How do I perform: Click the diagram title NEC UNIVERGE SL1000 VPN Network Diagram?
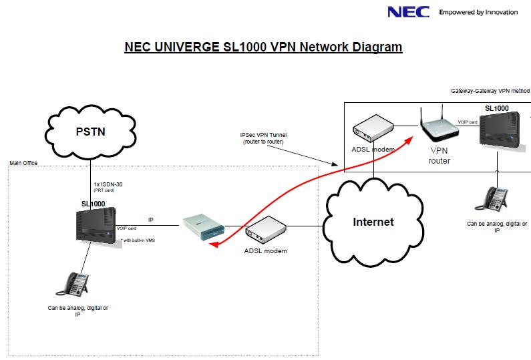[264, 47]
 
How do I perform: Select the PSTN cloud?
[90, 131]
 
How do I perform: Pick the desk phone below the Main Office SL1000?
[70, 285]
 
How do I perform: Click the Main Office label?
[23, 162]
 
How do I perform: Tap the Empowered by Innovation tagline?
[478, 12]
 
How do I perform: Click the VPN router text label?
[441, 156]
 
